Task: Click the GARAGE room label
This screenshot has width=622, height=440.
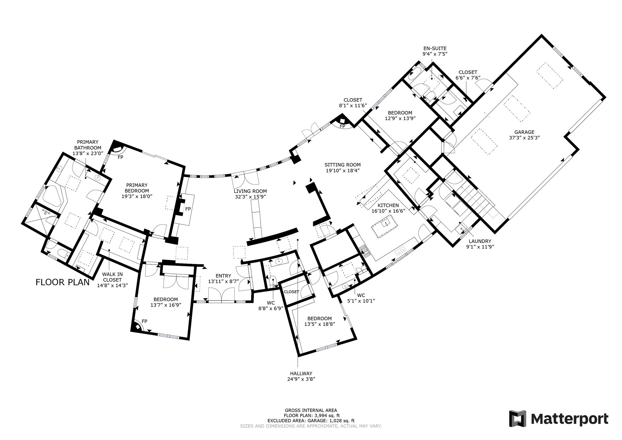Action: coord(524,132)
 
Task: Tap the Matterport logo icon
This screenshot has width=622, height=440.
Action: coord(518,418)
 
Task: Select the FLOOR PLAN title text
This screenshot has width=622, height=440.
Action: coord(63,282)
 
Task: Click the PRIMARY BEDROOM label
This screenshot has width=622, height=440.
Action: coord(137,188)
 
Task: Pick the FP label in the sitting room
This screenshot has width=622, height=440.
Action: coord(342,126)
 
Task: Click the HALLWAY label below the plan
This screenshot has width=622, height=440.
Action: coord(301,373)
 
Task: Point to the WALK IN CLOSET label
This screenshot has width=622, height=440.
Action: coord(112,277)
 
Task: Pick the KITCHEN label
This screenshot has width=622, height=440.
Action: coord(388,206)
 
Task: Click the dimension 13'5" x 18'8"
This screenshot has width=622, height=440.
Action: coord(320,324)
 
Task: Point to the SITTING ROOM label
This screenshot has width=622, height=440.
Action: coord(342,165)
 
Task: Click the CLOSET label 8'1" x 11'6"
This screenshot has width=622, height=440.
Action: coord(353,100)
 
